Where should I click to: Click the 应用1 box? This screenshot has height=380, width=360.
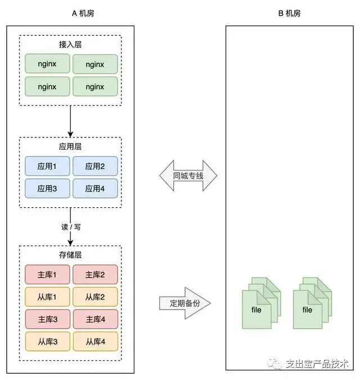pyautogui.click(x=47, y=166)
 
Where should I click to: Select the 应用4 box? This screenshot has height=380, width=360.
pyautogui.click(x=95, y=188)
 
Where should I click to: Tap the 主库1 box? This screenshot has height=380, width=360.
pyautogui.click(x=47, y=274)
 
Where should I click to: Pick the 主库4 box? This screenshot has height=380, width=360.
pyautogui.click(x=96, y=319)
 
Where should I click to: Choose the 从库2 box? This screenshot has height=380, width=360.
pyautogui.click(x=95, y=297)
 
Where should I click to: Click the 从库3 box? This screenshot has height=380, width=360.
pyautogui.click(x=47, y=341)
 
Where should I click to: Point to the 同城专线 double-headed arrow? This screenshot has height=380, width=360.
pyautogui.click(x=188, y=176)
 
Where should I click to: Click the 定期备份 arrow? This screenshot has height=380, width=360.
pyautogui.click(x=185, y=303)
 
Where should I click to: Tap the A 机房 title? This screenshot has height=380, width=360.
pyautogui.click(x=83, y=13)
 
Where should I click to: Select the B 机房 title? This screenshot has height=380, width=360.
pyautogui.click(x=290, y=13)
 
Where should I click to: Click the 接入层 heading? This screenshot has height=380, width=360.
pyautogui.click(x=70, y=44)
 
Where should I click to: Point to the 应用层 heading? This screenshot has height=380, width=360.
pyautogui.click(x=70, y=146)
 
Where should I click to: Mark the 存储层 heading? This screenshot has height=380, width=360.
pyautogui.click(x=70, y=254)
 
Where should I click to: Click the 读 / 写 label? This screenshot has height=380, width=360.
pyautogui.click(x=71, y=227)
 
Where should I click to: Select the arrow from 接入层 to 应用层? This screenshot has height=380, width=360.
pyautogui.click(x=70, y=122)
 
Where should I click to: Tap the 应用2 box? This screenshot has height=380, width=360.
pyautogui.click(x=95, y=166)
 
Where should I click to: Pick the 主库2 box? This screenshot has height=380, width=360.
pyautogui.click(x=95, y=274)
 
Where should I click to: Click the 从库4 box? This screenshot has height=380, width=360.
pyautogui.click(x=96, y=341)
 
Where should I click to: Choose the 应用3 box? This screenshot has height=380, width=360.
pyautogui.click(x=47, y=188)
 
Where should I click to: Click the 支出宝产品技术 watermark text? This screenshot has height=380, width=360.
pyautogui.click(x=317, y=364)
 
